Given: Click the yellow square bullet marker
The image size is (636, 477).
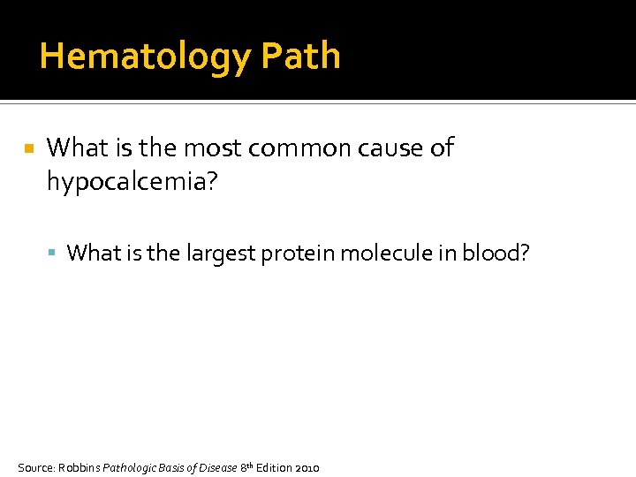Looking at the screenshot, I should [x=29, y=150].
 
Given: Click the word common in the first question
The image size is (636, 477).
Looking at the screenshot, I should [x=300, y=148].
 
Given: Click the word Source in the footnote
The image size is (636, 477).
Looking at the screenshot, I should [x=35, y=467].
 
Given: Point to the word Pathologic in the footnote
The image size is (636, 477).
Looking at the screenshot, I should [x=131, y=467].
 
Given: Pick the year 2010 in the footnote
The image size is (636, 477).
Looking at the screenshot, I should [x=306, y=467].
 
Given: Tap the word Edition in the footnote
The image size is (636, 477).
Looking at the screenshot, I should [x=273, y=467].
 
